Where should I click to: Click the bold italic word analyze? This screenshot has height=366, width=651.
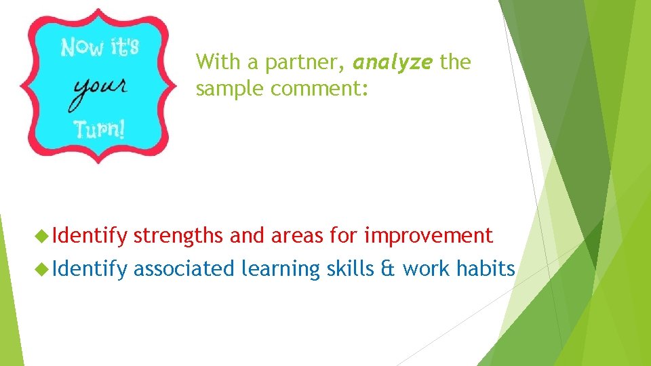[392, 63]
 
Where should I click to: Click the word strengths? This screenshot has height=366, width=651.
[178, 236]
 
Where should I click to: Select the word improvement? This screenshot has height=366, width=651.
[429, 236]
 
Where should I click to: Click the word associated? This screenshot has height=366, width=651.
[184, 269]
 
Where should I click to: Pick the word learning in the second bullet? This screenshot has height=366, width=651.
[280, 269]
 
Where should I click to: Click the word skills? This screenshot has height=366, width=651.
[349, 269]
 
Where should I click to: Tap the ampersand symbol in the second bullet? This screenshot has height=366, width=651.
[388, 269]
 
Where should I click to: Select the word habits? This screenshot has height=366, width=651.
[486, 269]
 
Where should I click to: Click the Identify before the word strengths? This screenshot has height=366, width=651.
[90, 236]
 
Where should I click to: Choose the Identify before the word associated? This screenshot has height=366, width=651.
[90, 269]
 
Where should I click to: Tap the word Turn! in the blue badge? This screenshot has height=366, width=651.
[100, 129]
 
